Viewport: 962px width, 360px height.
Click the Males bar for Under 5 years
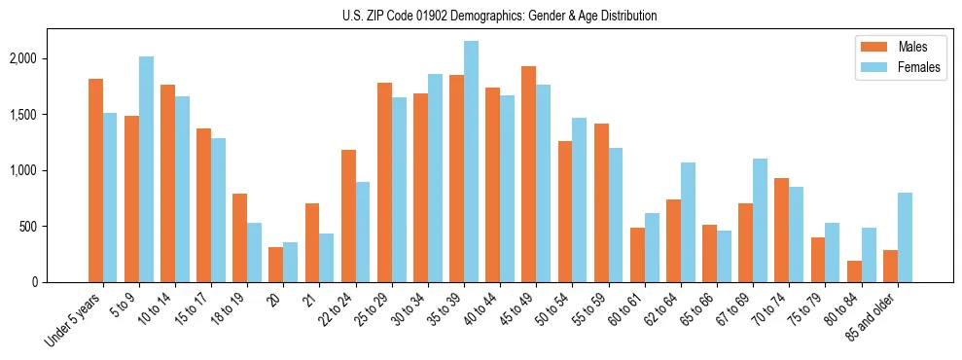pyautogui.click(x=95, y=180)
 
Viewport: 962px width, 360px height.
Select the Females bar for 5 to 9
pyautogui.click(x=146, y=169)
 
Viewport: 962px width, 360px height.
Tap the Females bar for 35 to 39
pyautogui.click(x=471, y=162)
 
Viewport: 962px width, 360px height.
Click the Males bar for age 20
pyautogui.click(x=276, y=265)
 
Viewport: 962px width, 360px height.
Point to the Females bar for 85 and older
pyautogui.click(x=905, y=237)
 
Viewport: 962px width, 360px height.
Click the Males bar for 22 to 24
pyautogui.click(x=348, y=216)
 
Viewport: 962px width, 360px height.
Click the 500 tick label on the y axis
pyautogui.click(x=52, y=227)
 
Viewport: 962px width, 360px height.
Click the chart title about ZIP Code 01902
pyautogui.click(x=500, y=16)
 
